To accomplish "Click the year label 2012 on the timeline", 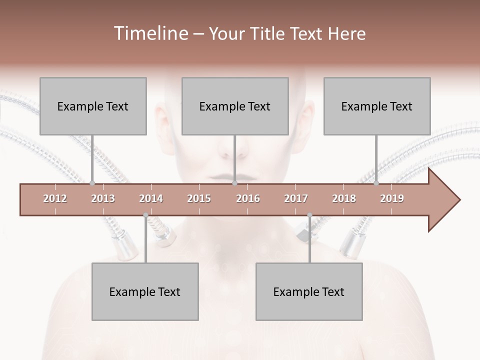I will click(55, 198).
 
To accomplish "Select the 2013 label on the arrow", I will click(103, 198).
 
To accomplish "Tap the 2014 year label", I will click(151, 198).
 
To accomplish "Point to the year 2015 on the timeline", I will click(199, 198).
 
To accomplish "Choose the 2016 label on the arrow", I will click(248, 198).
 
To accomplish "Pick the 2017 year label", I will click(296, 198).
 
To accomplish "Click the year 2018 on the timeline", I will click(344, 198).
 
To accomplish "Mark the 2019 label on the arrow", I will click(392, 198).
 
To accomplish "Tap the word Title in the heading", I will click(268, 33).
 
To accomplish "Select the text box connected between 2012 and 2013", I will click(93, 106).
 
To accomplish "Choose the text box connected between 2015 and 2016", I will click(235, 106).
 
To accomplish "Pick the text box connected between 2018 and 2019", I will click(377, 106).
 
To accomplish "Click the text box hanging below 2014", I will click(145, 291).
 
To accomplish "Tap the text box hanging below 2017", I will click(309, 291).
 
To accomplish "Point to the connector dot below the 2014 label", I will click(145, 215).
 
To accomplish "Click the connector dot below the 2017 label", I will click(309, 215).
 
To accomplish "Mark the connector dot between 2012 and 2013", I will click(92, 183).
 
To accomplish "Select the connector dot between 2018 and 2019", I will click(376, 183).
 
